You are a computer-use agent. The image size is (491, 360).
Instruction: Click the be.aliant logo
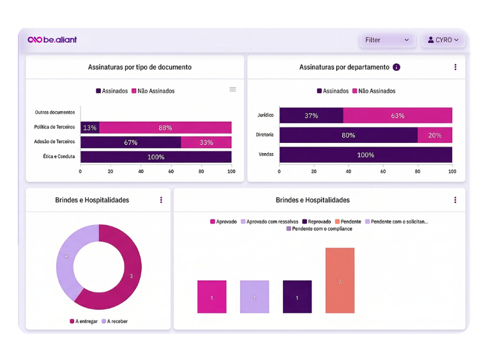(x=52, y=40)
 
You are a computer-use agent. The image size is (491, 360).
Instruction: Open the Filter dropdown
(x=387, y=40)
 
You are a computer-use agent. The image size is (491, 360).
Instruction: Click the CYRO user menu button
(x=443, y=40)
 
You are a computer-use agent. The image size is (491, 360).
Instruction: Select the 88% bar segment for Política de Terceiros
(x=165, y=128)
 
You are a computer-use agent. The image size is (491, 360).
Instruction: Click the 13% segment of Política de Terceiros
(x=90, y=128)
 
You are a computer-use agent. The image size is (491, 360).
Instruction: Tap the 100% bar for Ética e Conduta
(x=156, y=157)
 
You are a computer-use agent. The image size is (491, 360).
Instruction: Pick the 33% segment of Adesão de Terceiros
(x=206, y=142)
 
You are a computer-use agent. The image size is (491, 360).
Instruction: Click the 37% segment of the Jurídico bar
(x=311, y=116)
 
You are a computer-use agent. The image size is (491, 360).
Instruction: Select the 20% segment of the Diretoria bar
(x=435, y=135)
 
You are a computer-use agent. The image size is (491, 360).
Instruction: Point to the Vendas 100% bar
(x=366, y=155)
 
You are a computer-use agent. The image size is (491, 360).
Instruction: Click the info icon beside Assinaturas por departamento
(x=397, y=67)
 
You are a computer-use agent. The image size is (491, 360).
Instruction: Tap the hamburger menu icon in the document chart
(x=232, y=89)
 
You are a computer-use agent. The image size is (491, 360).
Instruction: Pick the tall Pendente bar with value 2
(x=340, y=281)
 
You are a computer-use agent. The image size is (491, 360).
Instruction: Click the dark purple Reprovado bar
(x=297, y=297)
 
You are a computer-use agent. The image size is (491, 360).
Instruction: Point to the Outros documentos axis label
(x=55, y=112)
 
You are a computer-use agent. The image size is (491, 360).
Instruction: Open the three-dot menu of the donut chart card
(x=161, y=200)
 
